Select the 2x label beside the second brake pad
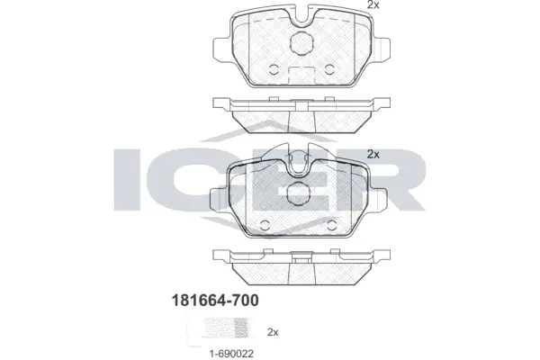pos(373,155)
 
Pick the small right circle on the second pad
pos(333,222)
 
